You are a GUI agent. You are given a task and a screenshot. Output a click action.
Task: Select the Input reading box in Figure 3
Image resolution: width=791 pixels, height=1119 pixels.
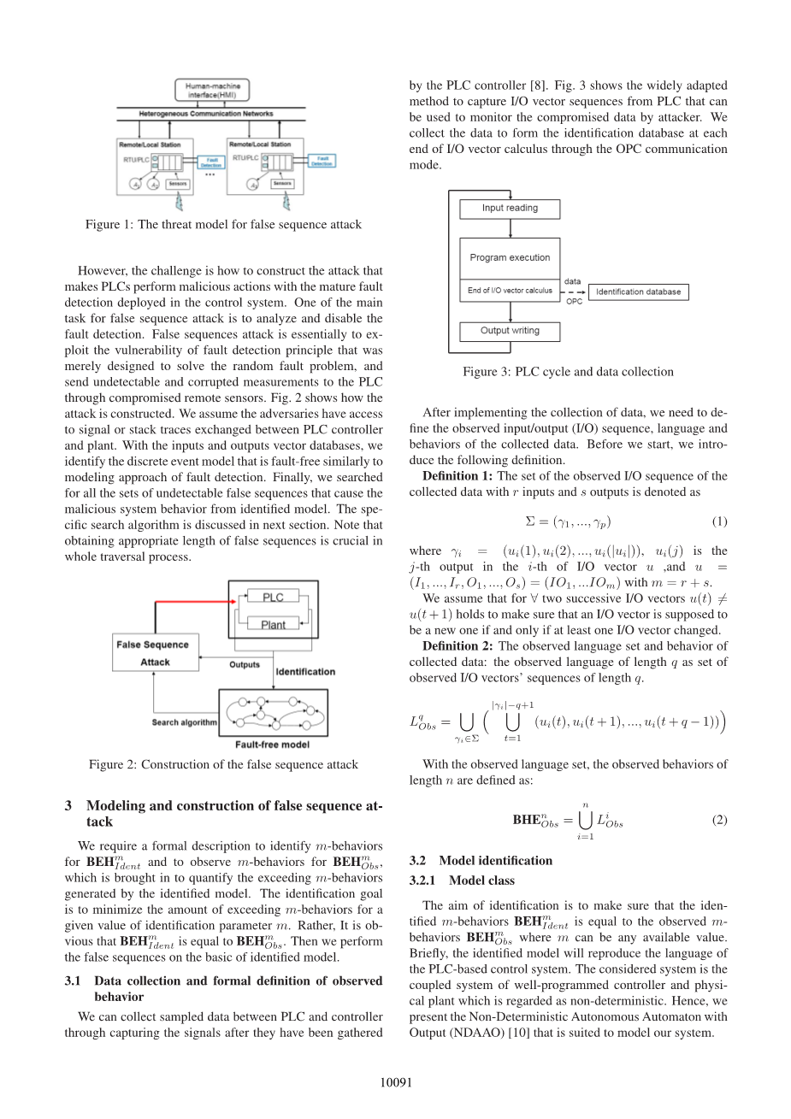[510, 209]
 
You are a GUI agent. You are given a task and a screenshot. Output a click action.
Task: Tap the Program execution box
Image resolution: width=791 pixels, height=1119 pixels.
[510, 257]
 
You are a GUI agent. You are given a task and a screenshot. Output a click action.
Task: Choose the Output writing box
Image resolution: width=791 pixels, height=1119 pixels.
[510, 331]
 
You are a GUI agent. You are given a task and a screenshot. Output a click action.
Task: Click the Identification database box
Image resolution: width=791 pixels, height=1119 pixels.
[638, 292]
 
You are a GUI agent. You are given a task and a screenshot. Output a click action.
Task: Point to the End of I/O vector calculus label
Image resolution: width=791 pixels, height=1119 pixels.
[510, 291]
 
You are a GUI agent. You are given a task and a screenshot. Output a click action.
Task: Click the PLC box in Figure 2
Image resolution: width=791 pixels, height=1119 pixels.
[273, 597]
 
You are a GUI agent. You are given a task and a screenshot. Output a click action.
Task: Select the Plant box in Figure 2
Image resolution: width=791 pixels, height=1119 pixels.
[273, 625]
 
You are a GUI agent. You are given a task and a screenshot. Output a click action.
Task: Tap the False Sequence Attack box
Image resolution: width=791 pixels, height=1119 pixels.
[155, 653]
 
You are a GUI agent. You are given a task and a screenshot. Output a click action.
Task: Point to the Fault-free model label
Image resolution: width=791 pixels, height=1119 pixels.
[273, 745]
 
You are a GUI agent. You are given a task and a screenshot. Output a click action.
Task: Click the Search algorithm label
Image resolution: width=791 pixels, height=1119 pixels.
[184, 722]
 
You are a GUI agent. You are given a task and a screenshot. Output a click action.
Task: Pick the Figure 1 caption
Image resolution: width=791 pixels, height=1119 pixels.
[223, 225]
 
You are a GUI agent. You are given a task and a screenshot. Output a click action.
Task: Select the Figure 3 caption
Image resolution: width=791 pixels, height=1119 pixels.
[568, 372]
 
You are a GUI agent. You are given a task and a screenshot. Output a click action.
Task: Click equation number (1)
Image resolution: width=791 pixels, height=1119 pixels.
[719, 521]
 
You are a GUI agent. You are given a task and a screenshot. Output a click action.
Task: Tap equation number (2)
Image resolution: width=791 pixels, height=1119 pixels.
[719, 820]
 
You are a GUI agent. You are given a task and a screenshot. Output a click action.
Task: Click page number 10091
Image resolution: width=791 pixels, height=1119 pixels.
[396, 1082]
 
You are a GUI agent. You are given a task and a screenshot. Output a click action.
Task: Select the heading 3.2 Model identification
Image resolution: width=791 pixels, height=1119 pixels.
[481, 861]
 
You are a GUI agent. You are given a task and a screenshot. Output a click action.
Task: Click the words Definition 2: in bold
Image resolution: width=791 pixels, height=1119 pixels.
[457, 646]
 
